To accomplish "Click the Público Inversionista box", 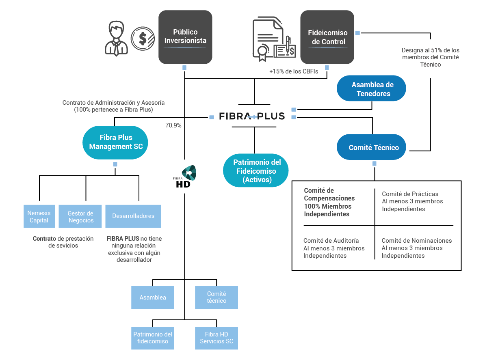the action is point(185,37).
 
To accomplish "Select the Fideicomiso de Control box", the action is point(327,37).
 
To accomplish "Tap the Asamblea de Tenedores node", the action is point(371,88).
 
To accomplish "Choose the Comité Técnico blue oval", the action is point(371,147).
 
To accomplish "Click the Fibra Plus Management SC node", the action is point(115,142).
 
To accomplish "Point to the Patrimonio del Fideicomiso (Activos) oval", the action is point(256,170).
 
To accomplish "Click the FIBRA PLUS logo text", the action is point(252,116).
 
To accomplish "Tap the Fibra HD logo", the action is point(185,177).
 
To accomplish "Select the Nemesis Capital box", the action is point(39,216).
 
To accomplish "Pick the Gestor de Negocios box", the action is point(80,216).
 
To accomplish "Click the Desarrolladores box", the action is point(133,216).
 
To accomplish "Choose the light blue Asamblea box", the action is point(153,297).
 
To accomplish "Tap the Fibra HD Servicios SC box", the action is point(217,338).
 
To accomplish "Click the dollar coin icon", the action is point(143,39).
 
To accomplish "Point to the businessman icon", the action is point(116,39).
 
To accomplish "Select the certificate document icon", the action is point(274,39).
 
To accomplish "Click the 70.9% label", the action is point(173,125).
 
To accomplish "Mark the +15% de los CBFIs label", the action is point(294,71).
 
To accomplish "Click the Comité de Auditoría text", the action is point(331,240).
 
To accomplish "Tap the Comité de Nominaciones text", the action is point(417,240).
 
